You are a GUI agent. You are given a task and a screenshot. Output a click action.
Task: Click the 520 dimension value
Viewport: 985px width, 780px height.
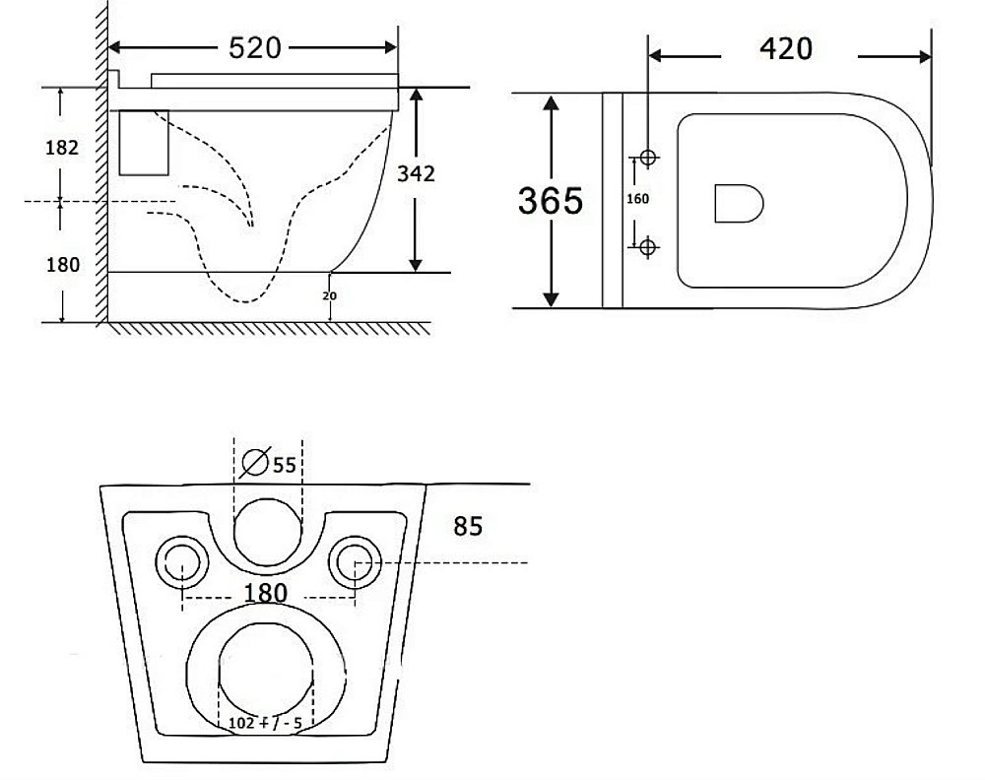pyautogui.click(x=254, y=48)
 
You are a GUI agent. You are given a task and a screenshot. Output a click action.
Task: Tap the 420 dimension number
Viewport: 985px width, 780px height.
pyautogui.click(x=786, y=49)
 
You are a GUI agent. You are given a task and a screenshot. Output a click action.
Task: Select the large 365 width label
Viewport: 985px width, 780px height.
pyautogui.click(x=551, y=201)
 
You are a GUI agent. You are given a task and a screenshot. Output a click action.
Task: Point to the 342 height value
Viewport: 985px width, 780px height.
pyautogui.click(x=416, y=173)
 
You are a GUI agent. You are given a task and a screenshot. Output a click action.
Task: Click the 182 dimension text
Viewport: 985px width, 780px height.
pyautogui.click(x=62, y=148)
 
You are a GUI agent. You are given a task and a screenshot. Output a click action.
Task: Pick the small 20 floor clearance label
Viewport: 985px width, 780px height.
pyautogui.click(x=329, y=295)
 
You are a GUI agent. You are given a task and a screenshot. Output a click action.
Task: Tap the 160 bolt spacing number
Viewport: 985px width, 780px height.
pyautogui.click(x=637, y=199)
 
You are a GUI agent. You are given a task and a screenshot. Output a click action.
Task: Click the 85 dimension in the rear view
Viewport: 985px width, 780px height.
pyautogui.click(x=468, y=526)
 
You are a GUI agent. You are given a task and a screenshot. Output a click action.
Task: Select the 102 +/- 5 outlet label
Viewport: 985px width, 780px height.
pyautogui.click(x=264, y=723)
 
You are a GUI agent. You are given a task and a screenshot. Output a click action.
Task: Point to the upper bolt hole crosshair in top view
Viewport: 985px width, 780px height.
pyautogui.click(x=648, y=157)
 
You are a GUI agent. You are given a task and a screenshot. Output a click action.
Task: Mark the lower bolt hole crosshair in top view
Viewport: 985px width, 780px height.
pyautogui.click(x=648, y=247)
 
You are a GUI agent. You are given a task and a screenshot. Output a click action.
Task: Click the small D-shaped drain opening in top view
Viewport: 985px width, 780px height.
pyautogui.click(x=739, y=204)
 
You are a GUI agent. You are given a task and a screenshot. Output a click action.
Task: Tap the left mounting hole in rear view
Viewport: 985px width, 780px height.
pyautogui.click(x=181, y=562)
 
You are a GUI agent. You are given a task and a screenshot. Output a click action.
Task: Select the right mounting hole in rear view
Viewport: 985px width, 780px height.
pyautogui.click(x=355, y=562)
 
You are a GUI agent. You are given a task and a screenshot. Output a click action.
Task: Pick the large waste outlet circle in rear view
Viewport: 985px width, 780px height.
pyautogui.click(x=266, y=672)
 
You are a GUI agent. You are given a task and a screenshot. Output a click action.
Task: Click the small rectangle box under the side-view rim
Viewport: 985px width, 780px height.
pyautogui.click(x=144, y=143)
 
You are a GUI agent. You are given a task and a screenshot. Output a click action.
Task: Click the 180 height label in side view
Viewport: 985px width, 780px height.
pyautogui.click(x=63, y=264)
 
